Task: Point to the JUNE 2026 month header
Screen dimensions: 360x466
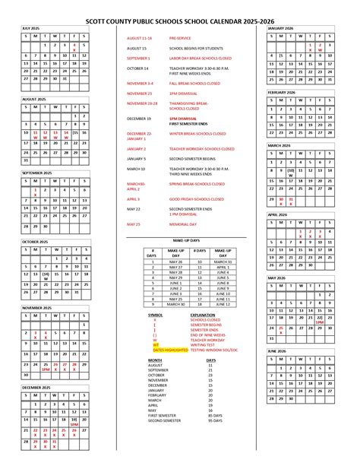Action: (x=276, y=351)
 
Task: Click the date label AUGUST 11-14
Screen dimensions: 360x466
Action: (x=141, y=36)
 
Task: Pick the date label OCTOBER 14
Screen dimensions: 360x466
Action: (x=137, y=68)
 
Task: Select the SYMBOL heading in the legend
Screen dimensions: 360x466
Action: (x=155, y=314)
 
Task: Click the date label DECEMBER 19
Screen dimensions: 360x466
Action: (x=139, y=119)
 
